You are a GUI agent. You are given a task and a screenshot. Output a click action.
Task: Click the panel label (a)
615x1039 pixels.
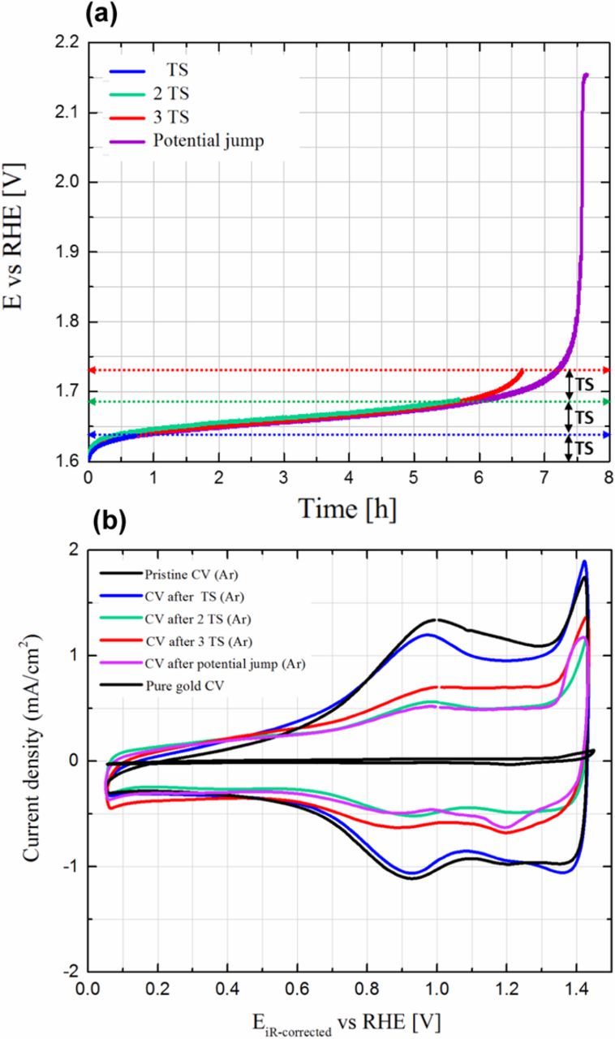tap(104, 15)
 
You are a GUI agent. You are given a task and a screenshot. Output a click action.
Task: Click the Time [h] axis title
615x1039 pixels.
tap(347, 509)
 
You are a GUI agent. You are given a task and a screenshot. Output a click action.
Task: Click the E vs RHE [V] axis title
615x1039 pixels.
tap(26, 252)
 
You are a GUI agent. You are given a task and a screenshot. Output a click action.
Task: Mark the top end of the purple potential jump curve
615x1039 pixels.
tap(585, 75)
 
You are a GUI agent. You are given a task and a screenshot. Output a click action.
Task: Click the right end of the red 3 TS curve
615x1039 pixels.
tap(522, 371)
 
